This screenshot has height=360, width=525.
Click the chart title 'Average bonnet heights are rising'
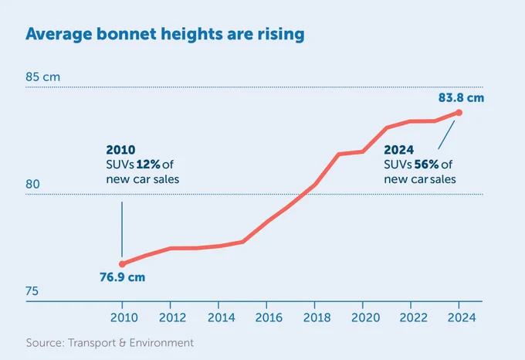[x=165, y=35]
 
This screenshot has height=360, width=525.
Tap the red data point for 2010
[x=122, y=264]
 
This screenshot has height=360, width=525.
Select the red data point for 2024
[x=459, y=113]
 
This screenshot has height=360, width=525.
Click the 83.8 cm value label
[x=461, y=98]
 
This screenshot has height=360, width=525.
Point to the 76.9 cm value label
[x=122, y=277]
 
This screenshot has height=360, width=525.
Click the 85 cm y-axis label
[x=43, y=77]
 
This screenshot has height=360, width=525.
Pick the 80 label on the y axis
[x=32, y=184]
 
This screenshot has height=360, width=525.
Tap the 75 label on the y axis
[x=32, y=291]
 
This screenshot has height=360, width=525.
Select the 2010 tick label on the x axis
[x=124, y=318]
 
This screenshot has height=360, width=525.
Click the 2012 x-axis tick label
[x=172, y=318]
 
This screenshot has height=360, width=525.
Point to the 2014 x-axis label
[x=221, y=318]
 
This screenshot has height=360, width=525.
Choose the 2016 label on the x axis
[x=269, y=318]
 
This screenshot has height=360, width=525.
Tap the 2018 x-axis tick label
[x=317, y=318]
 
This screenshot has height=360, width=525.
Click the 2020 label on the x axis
[x=365, y=318]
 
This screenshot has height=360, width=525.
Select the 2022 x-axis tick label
[x=414, y=318]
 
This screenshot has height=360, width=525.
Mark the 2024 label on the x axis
[x=462, y=318]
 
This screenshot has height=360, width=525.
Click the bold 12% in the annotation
[x=148, y=165]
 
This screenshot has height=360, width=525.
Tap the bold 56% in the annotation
[x=426, y=165]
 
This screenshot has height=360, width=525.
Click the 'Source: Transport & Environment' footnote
[x=110, y=343]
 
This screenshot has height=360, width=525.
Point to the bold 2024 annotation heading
[x=399, y=150]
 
